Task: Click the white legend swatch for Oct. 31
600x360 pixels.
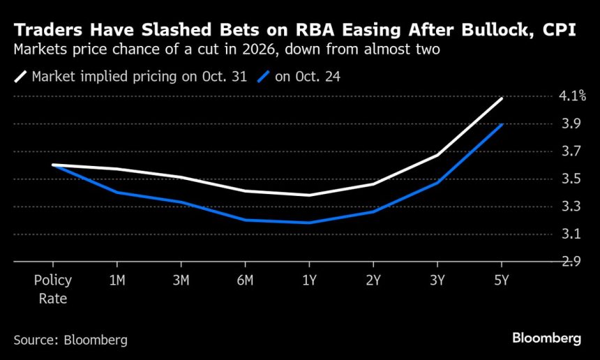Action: (20, 77)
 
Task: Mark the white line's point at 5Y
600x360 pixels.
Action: (502, 98)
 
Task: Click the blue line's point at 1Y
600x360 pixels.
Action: (308, 223)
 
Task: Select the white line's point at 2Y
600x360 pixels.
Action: (373, 184)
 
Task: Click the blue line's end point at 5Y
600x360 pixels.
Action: (502, 125)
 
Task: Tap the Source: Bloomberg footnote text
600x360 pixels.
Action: (70, 340)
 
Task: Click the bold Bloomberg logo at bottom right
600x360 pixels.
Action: (546, 338)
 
